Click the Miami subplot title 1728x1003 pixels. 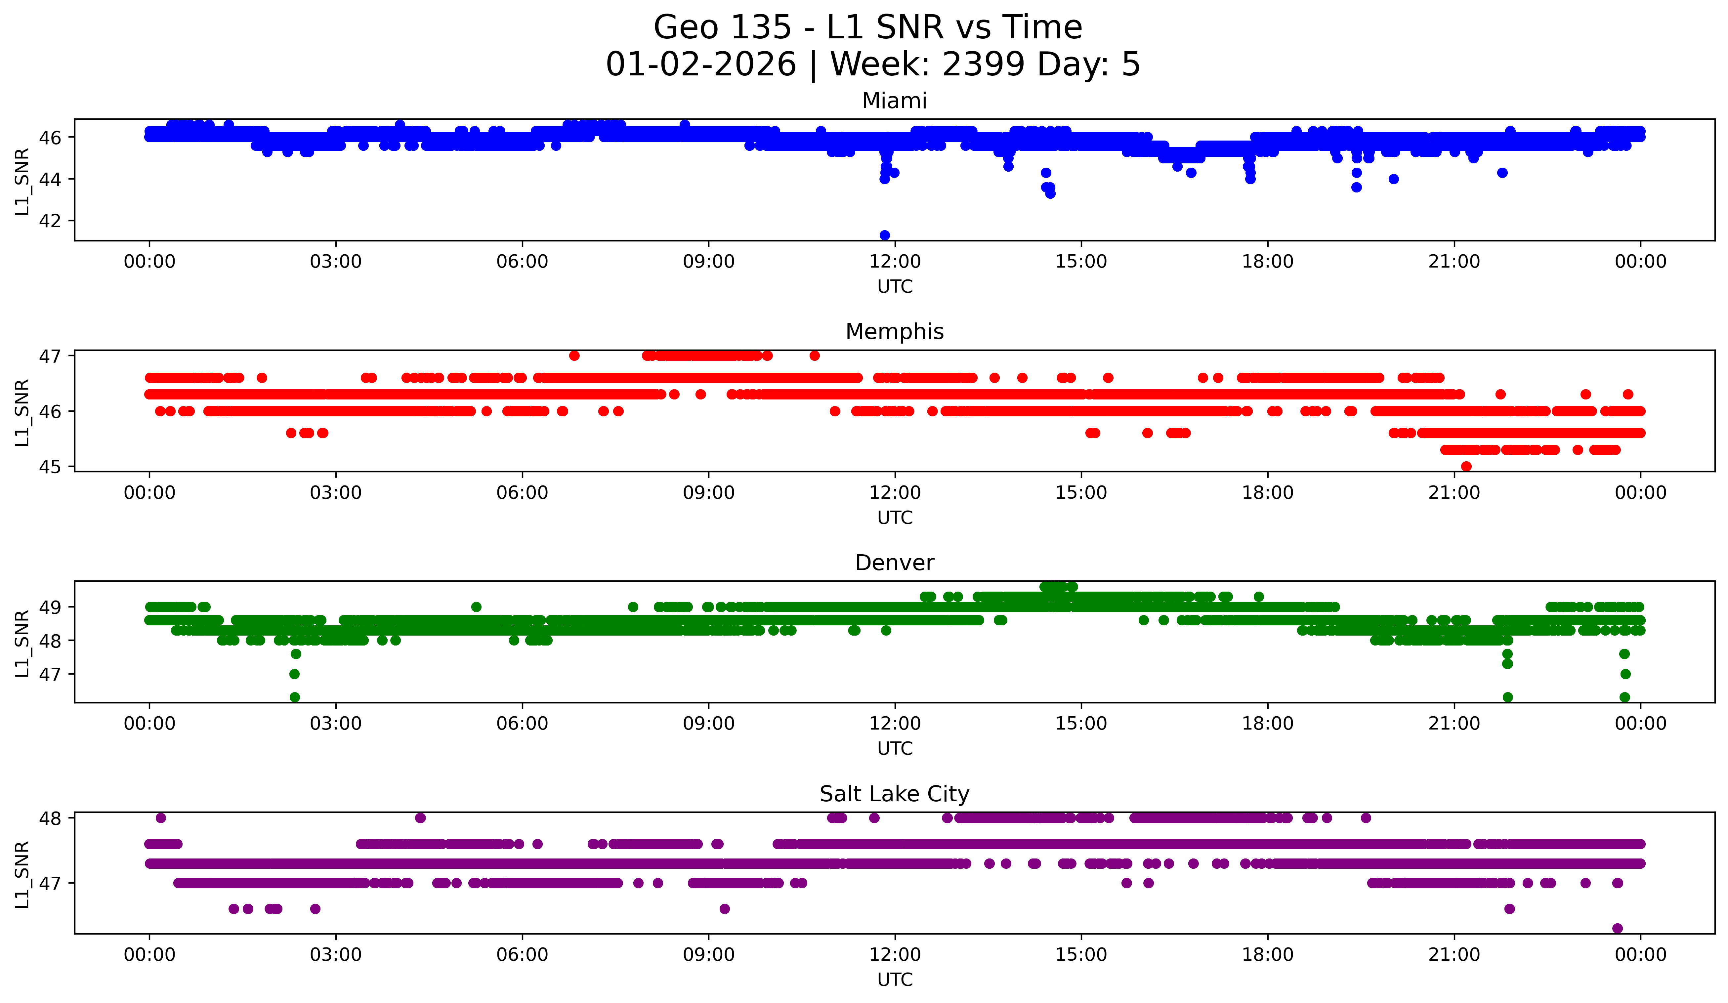(894, 101)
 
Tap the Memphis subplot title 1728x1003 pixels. (894, 332)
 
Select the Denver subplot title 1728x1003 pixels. (894, 563)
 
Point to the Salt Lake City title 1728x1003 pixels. (894, 794)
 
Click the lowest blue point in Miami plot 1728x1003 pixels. (885, 235)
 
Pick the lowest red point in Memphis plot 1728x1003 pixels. (1466, 466)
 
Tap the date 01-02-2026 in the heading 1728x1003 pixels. (701, 64)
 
